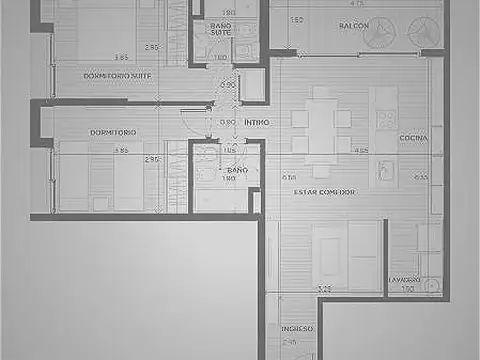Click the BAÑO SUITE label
click(x=221, y=29)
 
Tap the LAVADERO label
click(x=405, y=279)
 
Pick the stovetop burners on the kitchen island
click(x=386, y=117)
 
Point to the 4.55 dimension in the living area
click(x=361, y=151)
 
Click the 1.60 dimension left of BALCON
click(x=297, y=19)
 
